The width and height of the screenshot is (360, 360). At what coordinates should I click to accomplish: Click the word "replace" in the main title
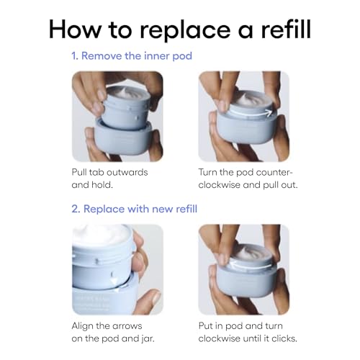coord(184,30)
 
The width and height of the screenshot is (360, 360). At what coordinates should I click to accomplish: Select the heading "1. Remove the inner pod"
coord(132,56)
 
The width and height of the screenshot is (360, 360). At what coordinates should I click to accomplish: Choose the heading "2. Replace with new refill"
coord(135,209)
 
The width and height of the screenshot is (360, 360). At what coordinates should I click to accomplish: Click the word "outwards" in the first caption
coord(127,172)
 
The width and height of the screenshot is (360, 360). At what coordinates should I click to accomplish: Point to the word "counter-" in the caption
coord(274,172)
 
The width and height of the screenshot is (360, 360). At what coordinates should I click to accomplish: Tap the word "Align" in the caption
coord(82,326)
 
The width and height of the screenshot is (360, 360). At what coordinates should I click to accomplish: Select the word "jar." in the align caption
coord(147,339)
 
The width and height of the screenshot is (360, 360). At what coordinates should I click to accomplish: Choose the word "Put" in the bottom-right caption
coord(205,326)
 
